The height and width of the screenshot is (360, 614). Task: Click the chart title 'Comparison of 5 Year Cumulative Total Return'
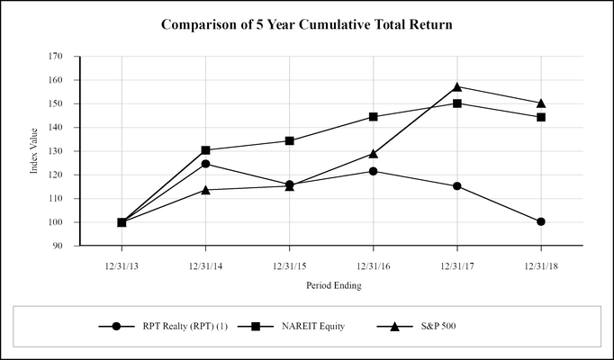306,24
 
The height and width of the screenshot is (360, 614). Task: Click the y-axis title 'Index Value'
34,150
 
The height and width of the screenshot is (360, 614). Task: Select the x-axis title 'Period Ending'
331,285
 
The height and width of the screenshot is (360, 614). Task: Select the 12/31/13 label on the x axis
122,265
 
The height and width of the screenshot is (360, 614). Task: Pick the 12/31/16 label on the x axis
373,265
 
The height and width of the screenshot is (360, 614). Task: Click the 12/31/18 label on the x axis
541,265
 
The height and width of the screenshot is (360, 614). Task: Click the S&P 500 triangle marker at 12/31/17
457,86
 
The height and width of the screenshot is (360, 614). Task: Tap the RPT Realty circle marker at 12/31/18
541,221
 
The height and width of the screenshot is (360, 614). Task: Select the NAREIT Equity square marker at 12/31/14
205,150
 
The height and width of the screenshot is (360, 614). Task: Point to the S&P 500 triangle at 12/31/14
205,190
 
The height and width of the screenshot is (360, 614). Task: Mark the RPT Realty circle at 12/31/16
373,171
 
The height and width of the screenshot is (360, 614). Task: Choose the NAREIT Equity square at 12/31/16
373,117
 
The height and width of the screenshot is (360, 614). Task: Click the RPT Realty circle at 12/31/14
205,164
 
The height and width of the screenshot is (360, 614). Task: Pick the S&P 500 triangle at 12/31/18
541,103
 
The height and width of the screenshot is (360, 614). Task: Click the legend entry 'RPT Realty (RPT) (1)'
181,326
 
